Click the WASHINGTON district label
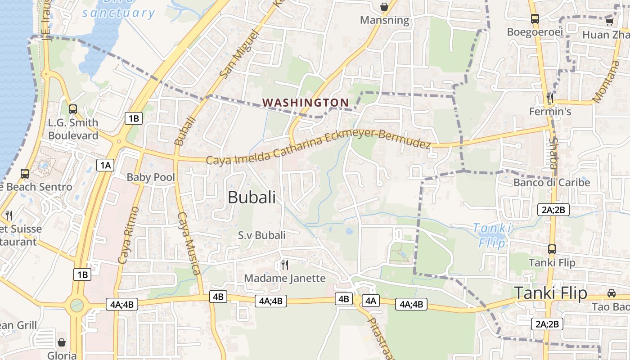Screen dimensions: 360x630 pos(306,103)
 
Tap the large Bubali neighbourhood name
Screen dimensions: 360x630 pos(252,197)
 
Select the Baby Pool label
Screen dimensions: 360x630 pos(150,177)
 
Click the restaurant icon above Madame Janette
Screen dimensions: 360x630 pos(284,265)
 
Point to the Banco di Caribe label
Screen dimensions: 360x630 pos(551,183)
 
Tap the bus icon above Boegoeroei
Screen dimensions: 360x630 pos(535,19)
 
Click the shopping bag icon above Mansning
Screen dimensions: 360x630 pos(384,7)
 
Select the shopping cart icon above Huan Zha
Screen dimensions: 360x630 pos(609,21)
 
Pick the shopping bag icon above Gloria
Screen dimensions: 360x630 pos(62,342)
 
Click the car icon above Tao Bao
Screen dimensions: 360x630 pos(612,293)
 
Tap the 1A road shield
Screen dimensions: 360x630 pos(105,165)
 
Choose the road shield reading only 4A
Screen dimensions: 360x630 pos(370,301)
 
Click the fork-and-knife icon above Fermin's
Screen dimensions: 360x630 pos(549,97)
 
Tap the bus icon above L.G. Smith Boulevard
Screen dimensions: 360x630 pos(72,109)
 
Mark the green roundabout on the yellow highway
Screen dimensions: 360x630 pos(77,306)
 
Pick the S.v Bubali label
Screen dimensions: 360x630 pos(261,235)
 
